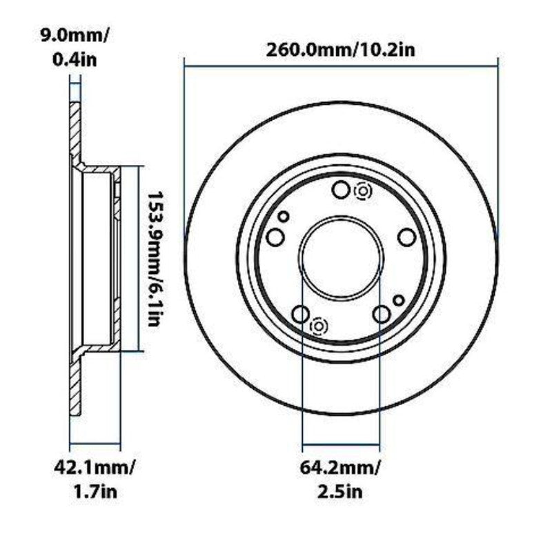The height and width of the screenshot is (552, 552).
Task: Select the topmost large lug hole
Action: [341, 190]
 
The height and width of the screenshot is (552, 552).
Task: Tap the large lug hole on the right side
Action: [407, 237]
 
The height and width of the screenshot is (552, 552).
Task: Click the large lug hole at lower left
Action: [300, 315]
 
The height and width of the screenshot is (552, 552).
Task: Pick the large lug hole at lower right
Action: [381, 315]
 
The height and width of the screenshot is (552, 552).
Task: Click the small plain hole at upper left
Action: [283, 216]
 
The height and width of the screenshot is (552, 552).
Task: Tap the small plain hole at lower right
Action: [398, 300]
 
